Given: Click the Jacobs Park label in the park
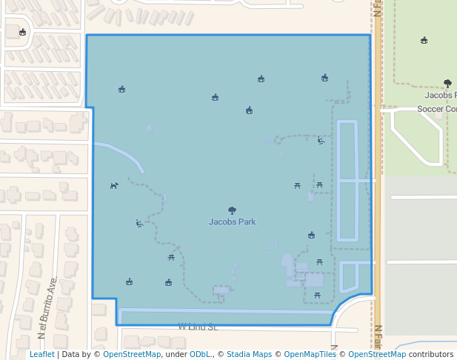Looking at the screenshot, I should (x=232, y=221).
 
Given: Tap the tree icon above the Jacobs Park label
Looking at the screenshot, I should (x=232, y=210).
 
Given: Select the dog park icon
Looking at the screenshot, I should (x=114, y=186).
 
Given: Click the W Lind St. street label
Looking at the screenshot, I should (x=197, y=326).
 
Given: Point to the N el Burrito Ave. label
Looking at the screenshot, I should (x=47, y=308).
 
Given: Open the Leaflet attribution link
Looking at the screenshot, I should (x=41, y=355).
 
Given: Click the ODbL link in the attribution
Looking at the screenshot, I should (x=200, y=355).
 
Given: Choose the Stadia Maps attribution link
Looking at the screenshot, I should (x=249, y=355).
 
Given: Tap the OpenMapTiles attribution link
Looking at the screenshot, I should (x=307, y=355).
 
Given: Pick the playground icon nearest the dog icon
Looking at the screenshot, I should (x=139, y=223).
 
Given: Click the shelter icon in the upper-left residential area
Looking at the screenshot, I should (x=22, y=32).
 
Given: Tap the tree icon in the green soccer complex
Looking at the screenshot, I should (x=447, y=84).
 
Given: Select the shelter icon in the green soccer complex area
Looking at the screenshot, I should (x=424, y=40).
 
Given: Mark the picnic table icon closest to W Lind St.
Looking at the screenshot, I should (x=317, y=295).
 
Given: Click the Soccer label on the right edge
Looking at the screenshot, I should (x=430, y=109).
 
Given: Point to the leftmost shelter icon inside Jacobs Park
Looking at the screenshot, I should (x=121, y=90).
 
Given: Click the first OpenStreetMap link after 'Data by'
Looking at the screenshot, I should (x=132, y=355).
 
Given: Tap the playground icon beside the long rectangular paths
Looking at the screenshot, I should (x=321, y=140).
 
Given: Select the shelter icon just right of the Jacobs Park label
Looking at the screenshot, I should (x=311, y=236).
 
